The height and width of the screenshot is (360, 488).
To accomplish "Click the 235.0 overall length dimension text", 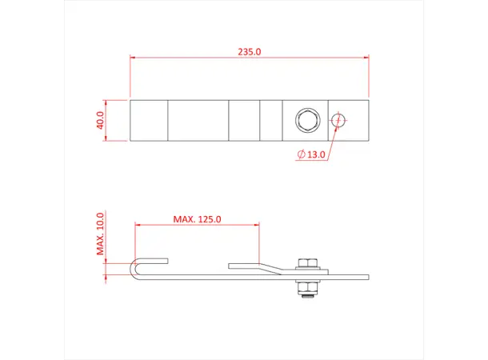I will pos(249,51).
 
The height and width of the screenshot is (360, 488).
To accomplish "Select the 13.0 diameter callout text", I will pos(316,154).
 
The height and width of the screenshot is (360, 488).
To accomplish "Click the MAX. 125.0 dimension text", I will pos(197,218).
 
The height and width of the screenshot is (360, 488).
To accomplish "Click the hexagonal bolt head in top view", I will pos(305,121).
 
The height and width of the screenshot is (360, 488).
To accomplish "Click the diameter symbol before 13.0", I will pos(300,154).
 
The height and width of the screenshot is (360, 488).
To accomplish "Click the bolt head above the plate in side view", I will pos(306,263).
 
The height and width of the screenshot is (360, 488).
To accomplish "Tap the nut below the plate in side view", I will pos(306,289).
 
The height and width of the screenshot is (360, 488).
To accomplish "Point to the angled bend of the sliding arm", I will pos(272,268).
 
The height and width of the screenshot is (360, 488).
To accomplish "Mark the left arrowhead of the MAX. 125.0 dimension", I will pos(138,225).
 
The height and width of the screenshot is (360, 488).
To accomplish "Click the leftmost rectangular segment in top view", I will pos(148,120).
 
